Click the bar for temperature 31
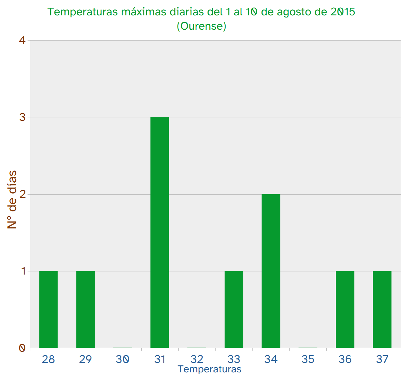pos(160,232)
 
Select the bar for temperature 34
pos(271,271)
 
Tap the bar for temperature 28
pos(48,309)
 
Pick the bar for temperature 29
pos(85,309)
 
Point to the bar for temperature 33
pos(234,309)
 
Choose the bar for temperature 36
pos(345,309)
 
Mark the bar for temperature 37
pos(382,309)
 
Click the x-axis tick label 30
pos(122,359)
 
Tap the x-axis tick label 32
pos(197,359)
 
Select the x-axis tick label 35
pos(308,359)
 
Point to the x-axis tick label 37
pos(382,359)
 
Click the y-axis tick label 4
pos(22,41)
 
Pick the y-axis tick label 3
pos(22,117)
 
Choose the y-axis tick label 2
pos(22,194)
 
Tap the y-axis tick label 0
pos(22,348)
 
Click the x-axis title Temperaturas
pos(210,369)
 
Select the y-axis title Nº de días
pos(12,199)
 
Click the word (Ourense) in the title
pos(202,26)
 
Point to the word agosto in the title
pos(293,12)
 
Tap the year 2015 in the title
pos(342,12)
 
